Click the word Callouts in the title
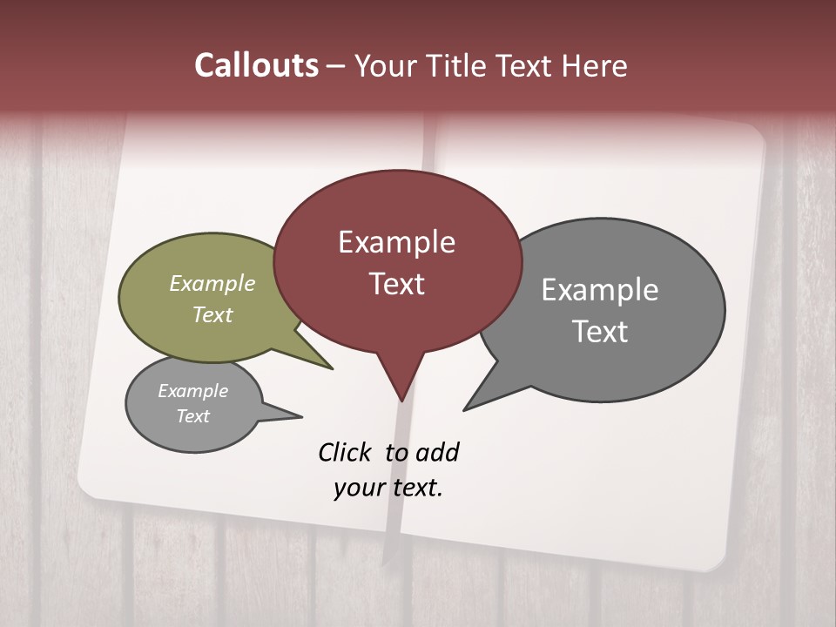(x=256, y=65)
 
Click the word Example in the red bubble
(x=396, y=242)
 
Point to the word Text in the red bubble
(x=396, y=284)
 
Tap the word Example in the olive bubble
(x=212, y=284)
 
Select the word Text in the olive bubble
(x=212, y=314)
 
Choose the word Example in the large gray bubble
(x=600, y=289)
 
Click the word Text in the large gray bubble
(x=600, y=331)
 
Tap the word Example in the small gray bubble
(x=192, y=391)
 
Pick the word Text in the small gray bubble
(x=192, y=416)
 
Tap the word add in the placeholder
(x=437, y=452)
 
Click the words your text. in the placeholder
(x=388, y=488)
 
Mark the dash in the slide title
(x=336, y=65)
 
